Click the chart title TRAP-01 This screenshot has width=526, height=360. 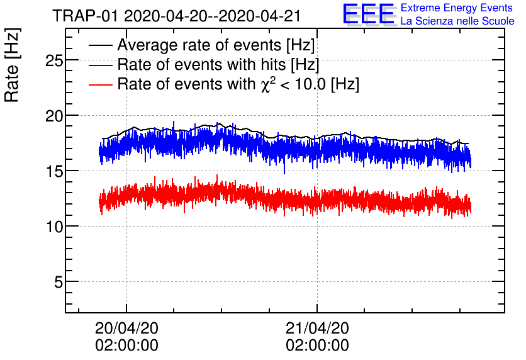86,14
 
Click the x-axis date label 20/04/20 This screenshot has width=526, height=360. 126,328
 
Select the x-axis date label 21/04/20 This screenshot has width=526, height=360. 317,328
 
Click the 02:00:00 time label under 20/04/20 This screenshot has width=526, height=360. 126,346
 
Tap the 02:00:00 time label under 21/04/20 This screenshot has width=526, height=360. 317,346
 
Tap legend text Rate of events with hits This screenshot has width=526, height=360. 218,65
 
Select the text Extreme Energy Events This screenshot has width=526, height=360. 456,8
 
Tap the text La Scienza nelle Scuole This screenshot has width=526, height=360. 457,21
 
